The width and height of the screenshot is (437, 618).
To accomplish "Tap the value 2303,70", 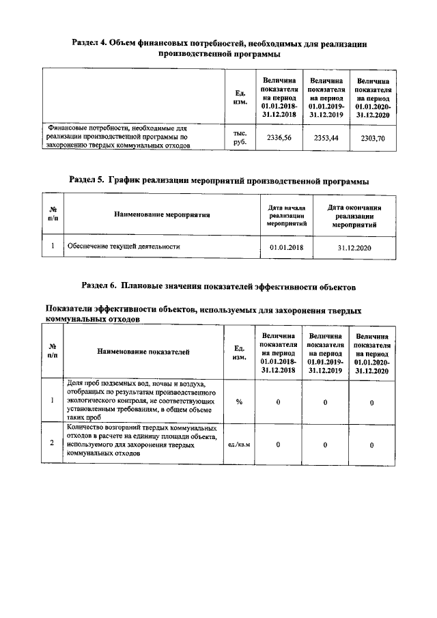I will tap(372, 138).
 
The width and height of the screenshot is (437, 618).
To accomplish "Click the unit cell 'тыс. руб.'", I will tap(240, 138).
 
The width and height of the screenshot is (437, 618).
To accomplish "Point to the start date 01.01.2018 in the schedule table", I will tap(286, 247).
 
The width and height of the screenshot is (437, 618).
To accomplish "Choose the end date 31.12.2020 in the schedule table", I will tap(354, 247).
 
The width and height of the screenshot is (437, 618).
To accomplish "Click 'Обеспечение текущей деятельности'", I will tap(123, 247).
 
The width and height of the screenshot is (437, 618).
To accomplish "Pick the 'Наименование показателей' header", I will tap(143, 352).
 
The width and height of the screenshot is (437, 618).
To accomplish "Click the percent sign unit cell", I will tap(240, 402).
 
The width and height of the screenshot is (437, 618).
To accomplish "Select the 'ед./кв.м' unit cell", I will tap(240, 445).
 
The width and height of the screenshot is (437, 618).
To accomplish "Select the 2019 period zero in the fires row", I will tap(325, 445).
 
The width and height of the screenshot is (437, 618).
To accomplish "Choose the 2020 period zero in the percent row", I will tap(371, 402).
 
